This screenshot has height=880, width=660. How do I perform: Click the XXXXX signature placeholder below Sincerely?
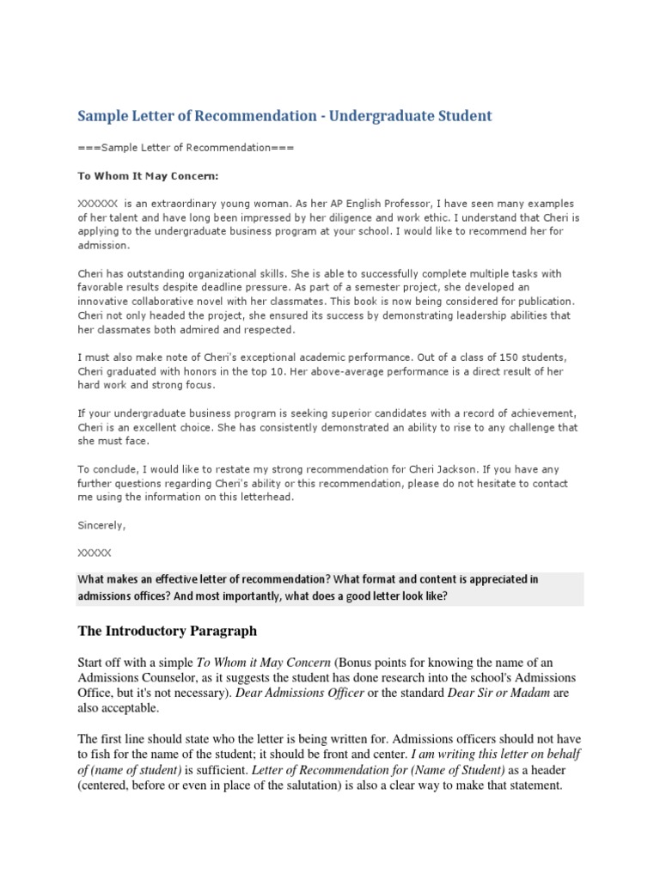point(95,553)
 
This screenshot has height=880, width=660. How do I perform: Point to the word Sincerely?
point(101,524)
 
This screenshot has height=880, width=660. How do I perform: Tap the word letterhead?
point(265,497)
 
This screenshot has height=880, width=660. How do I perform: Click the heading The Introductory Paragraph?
point(168,632)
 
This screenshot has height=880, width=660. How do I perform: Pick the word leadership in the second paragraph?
point(465,315)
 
